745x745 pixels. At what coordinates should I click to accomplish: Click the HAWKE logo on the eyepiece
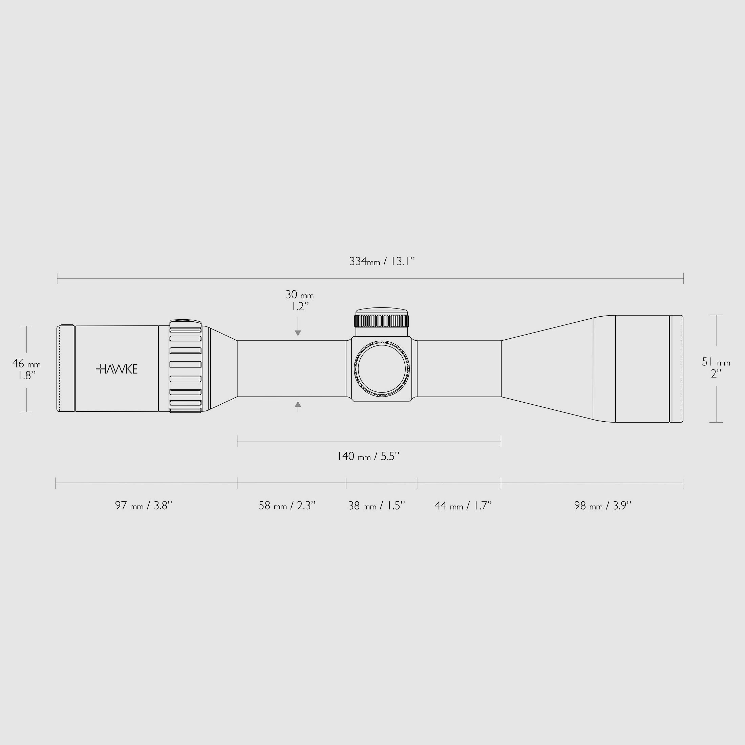[x=116, y=369]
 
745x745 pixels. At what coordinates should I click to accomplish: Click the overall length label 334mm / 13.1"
[x=382, y=261]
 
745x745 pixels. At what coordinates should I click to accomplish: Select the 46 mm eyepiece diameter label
[x=26, y=369]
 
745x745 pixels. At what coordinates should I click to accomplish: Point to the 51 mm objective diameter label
[x=716, y=367]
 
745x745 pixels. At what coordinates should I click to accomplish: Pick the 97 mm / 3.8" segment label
[x=144, y=506]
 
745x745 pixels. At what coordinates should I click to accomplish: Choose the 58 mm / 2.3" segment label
[x=287, y=506]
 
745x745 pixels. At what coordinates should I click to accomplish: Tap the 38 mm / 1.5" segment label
[x=376, y=506]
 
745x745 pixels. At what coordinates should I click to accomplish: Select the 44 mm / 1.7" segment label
[x=463, y=506]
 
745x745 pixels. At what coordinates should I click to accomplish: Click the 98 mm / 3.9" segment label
[x=602, y=506]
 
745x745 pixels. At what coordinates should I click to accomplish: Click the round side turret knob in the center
[x=381, y=369]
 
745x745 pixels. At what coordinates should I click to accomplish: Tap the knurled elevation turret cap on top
[x=381, y=320]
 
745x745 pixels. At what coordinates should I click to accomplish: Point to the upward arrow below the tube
[x=298, y=406]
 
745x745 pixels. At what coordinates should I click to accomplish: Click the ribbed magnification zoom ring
[x=186, y=367]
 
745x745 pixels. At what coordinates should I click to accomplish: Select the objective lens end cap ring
[x=676, y=369]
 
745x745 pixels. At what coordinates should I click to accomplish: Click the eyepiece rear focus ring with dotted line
[x=66, y=369]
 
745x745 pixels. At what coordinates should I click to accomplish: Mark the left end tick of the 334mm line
[x=58, y=278]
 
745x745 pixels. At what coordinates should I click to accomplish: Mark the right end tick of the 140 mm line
[x=501, y=441]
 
